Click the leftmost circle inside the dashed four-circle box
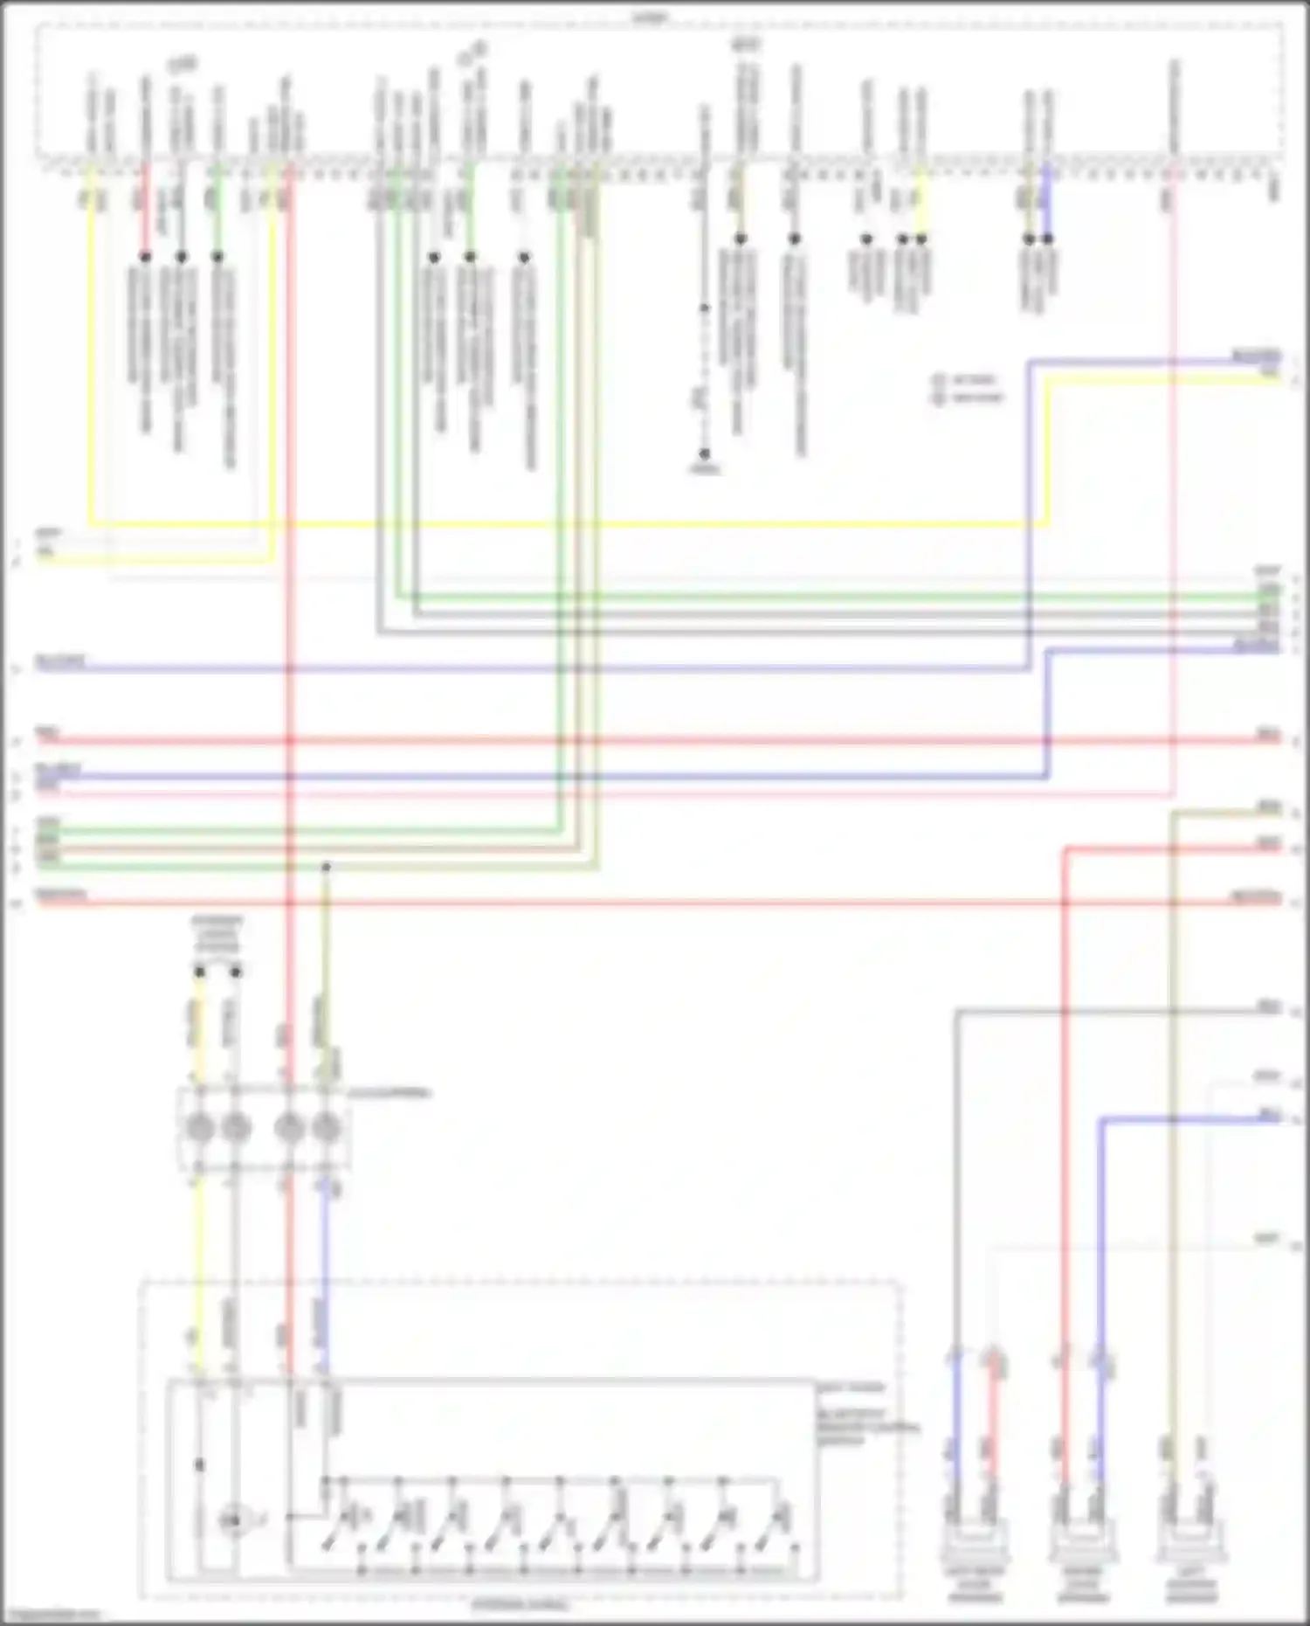[200, 1128]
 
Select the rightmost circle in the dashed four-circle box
[326, 1128]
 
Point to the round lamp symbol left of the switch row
[232, 1522]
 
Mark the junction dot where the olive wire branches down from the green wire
[326, 867]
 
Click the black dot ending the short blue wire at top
[1047, 239]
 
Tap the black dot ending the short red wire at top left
[145, 257]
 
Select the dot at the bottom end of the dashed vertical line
[704, 454]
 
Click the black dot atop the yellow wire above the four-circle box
[200, 972]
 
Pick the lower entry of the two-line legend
[969, 398]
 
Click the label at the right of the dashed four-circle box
[390, 1093]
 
